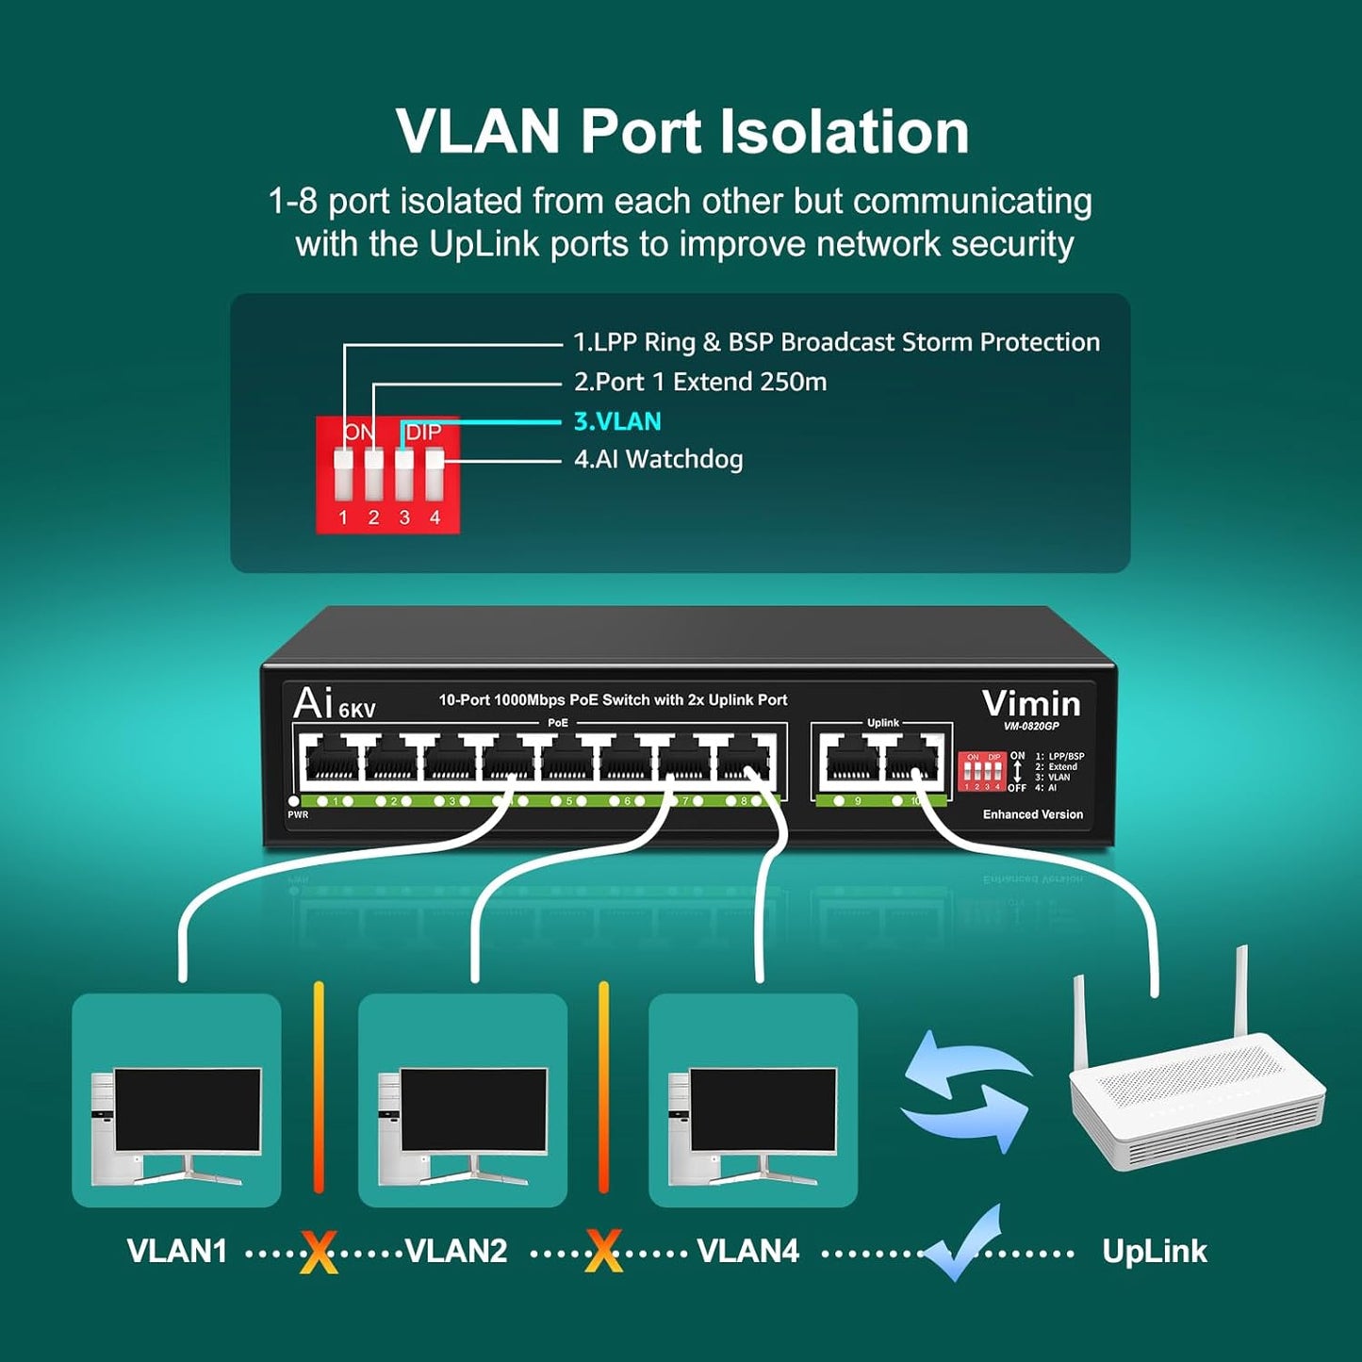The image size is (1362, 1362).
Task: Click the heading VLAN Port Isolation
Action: coord(681,132)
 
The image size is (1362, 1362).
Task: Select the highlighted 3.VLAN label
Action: coord(617,421)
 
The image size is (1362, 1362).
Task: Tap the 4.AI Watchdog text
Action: coord(658,460)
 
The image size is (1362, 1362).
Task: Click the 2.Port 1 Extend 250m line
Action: coord(699,382)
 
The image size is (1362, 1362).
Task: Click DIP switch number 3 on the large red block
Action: coord(404,475)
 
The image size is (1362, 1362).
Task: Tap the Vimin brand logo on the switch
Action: coord(1031,704)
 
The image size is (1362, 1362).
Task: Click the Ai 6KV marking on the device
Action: coord(334,704)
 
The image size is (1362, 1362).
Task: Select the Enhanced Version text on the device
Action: coord(1032,814)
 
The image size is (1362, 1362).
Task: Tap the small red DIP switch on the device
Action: coord(980,772)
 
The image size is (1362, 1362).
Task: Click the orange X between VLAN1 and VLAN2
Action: coord(319,1254)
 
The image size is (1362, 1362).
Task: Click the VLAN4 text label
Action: coord(747,1252)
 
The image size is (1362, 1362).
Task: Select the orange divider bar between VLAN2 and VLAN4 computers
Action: coord(603,1088)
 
